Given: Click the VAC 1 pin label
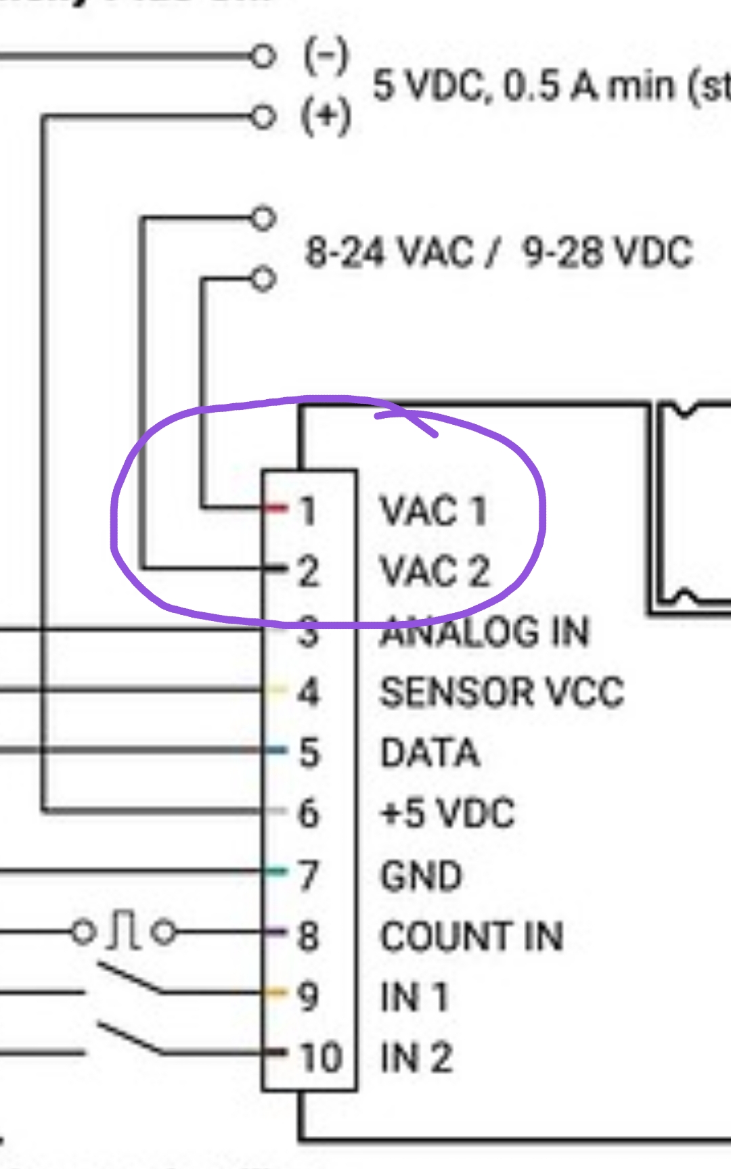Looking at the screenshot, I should coord(433,511).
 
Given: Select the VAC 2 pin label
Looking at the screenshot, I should coord(435,572).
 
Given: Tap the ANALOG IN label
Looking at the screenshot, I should coord(485,632).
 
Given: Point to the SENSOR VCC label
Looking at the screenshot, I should coord(502,693).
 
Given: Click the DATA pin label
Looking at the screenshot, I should coord(430,753).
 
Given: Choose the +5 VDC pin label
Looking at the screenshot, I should coord(447,813).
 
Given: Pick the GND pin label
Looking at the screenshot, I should coord(421,875).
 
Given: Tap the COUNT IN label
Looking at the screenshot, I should coord(472,937).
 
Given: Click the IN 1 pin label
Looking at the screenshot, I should coord(414,997).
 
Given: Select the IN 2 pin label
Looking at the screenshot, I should coord(416,1057).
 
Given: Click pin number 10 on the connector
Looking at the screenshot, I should coord(321,1057).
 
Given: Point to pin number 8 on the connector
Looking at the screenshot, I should coord(309,937).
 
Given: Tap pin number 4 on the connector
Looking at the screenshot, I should coord(309,693).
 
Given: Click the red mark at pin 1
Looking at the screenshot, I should coord(276,508).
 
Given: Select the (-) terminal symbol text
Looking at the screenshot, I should coord(326,57).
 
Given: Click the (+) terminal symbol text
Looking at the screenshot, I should coord(326,116).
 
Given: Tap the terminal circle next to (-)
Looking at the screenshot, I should coord(263,56).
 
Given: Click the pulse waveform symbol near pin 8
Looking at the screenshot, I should coord(124,932).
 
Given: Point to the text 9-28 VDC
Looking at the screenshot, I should coord(608,252).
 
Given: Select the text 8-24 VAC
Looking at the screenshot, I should coord(389,252).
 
